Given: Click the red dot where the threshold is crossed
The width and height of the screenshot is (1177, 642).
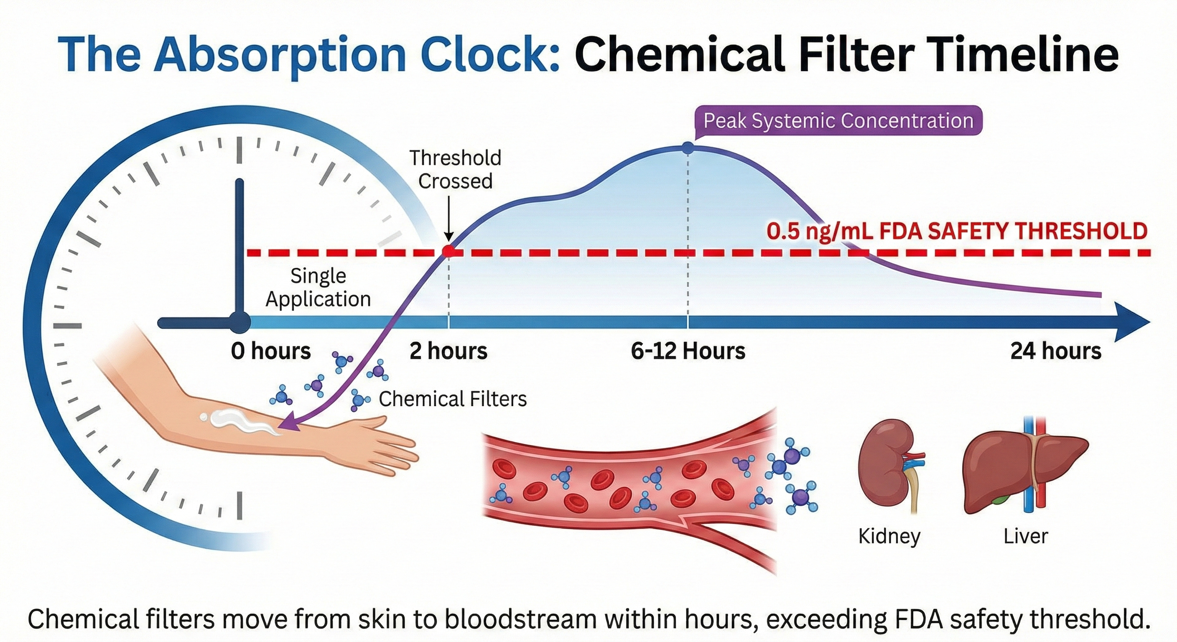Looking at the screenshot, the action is pos(448,251).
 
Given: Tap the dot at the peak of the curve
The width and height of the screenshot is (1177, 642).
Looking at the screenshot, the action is pos(688,148).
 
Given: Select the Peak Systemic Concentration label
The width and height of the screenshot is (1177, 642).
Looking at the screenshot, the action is pos(838,121).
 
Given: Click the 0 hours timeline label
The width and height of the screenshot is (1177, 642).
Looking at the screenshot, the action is pos(270,352).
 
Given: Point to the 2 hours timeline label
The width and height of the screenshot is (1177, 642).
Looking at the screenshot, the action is pos(448,352).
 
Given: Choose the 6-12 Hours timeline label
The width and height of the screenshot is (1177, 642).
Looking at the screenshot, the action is pos(688,352).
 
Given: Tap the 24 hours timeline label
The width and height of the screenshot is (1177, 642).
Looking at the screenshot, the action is pos(1055,352).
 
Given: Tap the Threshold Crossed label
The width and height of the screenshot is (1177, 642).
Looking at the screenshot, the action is pos(455,170).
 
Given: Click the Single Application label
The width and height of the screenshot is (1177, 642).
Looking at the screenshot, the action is pos(318,288).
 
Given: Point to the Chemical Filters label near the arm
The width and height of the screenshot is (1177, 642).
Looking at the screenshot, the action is pos(452,399).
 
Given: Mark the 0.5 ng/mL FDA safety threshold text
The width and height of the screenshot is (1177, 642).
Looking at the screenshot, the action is pos(956,231).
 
